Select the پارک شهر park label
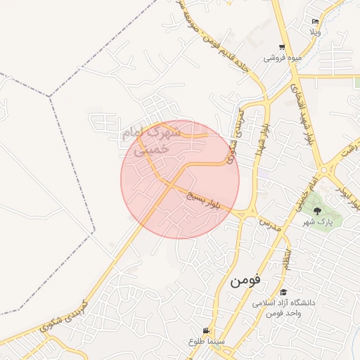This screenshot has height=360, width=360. pyautogui.click(x=318, y=222)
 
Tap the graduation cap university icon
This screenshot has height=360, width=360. pyautogui.click(x=283, y=292)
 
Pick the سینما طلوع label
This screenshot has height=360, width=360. pyautogui.click(x=205, y=342)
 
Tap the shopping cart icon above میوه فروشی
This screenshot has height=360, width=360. pyautogui.click(x=282, y=47)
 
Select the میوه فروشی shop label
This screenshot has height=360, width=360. pyautogui.click(x=282, y=58)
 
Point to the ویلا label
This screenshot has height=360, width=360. pyautogui.click(x=316, y=32)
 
